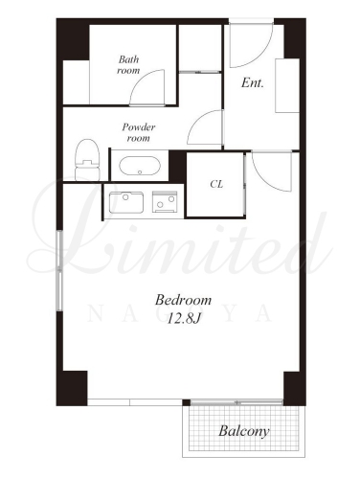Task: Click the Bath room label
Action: click(128, 65)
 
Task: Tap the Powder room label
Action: click(139, 132)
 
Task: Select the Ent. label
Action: click(253, 83)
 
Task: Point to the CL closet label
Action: click(216, 184)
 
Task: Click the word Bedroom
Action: click(183, 300)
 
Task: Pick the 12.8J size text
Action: click(184, 318)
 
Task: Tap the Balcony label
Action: click(244, 431)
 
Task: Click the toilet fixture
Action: click(87, 160)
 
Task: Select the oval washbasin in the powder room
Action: click(140, 166)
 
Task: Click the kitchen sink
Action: click(126, 202)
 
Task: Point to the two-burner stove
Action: click(165, 202)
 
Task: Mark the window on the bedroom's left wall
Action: click(59, 270)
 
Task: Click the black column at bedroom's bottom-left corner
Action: click(72, 388)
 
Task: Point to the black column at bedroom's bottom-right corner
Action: click(295, 388)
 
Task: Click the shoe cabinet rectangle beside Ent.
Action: click(287, 85)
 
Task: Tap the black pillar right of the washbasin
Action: click(177, 166)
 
